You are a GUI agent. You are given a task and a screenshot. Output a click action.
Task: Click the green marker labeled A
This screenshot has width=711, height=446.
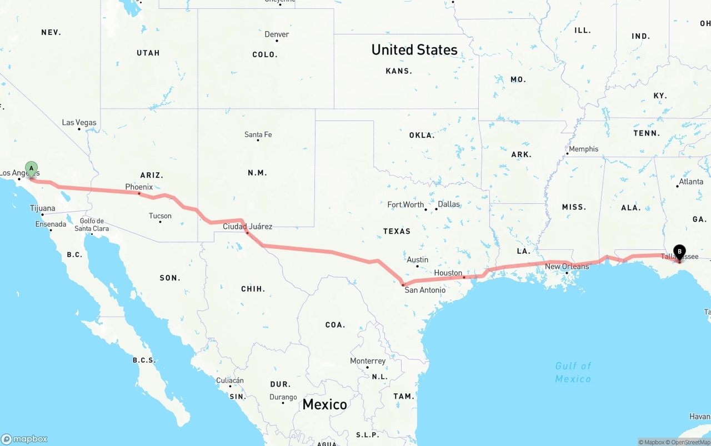point(32,168)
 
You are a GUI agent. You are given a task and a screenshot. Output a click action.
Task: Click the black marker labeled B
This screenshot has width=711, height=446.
point(679,252)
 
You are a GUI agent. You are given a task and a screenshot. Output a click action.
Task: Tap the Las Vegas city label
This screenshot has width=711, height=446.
point(79,123)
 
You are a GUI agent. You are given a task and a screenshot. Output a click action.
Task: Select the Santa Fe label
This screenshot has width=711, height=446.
point(258,134)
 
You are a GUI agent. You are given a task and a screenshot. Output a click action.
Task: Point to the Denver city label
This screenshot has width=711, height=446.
point(277,34)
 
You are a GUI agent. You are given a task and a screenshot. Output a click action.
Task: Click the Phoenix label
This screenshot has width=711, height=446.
point(139,187)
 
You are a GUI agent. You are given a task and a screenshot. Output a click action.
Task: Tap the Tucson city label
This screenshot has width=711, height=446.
point(160,216)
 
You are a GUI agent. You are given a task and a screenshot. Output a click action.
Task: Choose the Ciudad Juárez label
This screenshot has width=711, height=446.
point(248,227)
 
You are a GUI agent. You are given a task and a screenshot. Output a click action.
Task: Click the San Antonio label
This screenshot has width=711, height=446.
point(425,290)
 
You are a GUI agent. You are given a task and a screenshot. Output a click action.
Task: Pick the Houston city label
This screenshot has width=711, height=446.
point(448,273)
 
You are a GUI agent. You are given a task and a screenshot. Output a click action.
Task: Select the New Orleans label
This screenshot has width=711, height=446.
point(567,267)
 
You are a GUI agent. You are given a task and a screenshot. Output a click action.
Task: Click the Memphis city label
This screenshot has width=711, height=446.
point(584,149)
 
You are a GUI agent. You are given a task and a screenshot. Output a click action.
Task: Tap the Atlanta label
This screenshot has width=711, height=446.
point(691,182)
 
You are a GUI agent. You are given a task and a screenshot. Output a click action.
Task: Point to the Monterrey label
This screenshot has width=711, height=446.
point(368,361)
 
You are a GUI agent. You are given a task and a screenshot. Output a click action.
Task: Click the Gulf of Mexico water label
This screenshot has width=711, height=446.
point(573,372)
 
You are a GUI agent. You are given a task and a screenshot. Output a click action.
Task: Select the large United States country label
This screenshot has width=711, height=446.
point(414,50)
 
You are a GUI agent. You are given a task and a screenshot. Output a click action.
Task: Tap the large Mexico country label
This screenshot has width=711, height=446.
point(325,404)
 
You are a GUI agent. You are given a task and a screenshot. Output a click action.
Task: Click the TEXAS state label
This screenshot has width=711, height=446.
point(397,231)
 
